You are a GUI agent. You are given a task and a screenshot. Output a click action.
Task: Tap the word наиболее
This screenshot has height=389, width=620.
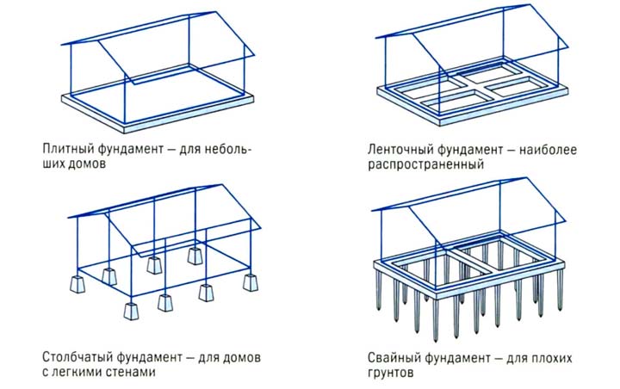[548, 149]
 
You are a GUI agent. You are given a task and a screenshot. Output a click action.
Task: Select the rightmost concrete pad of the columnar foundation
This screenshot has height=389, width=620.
[251, 281]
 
